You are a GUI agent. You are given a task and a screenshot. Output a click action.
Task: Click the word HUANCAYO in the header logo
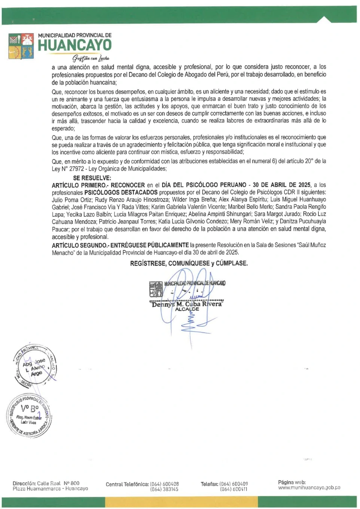click(74, 45)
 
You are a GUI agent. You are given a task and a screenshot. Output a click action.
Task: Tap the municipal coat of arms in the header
click(21, 46)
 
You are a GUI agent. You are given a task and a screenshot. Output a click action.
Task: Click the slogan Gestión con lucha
click(91, 58)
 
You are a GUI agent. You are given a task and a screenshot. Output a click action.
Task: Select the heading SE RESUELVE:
click(92, 178)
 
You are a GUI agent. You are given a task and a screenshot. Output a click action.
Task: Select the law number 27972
click(76, 169)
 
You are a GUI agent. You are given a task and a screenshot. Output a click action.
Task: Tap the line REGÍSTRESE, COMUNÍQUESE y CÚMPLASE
click(189, 263)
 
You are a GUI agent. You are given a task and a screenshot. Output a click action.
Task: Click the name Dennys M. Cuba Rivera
click(187, 304)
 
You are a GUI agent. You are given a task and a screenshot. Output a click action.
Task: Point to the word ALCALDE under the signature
click(187, 310)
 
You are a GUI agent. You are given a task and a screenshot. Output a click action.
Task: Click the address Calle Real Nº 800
click(58, 483)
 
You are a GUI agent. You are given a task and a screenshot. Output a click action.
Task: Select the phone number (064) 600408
click(164, 484)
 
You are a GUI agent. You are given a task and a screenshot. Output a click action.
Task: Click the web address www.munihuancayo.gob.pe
click(309, 488)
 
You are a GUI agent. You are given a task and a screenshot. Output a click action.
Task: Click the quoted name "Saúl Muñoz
click(311, 245)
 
